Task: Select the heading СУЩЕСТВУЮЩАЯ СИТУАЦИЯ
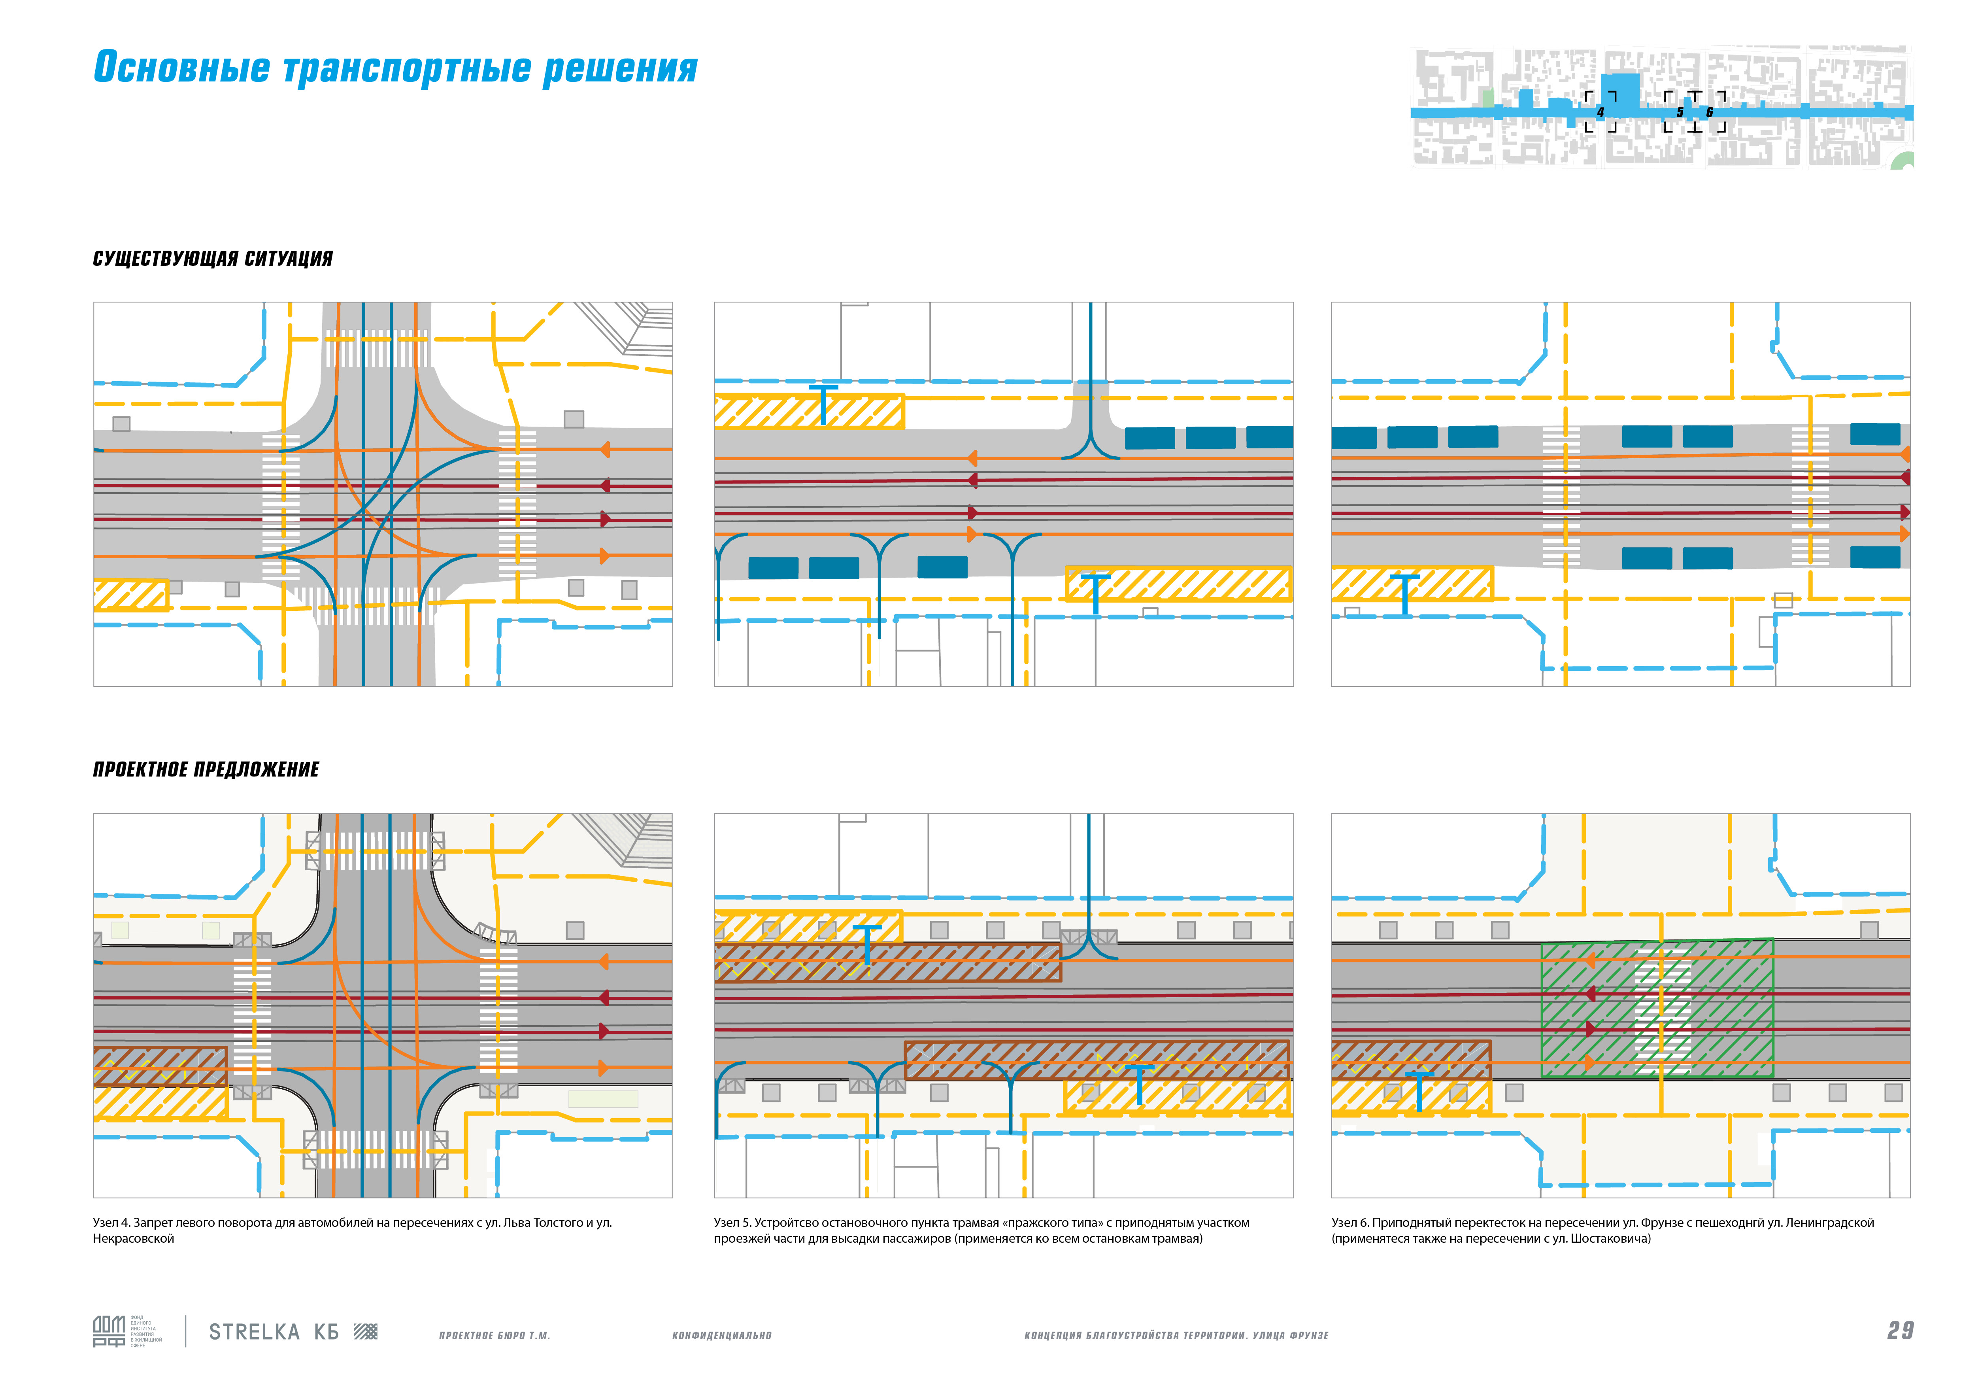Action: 213,259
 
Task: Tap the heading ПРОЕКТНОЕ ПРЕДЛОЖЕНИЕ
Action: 206,769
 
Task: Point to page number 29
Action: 1901,1330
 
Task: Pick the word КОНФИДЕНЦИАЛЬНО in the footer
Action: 722,1336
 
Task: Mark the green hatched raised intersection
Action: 1657,1008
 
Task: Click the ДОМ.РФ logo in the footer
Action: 109,1332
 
